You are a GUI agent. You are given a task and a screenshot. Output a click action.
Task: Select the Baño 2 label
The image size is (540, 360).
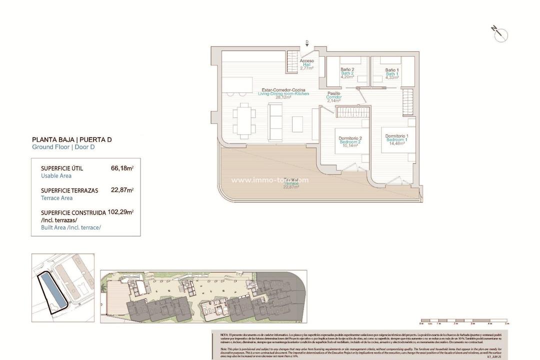pos(347,73)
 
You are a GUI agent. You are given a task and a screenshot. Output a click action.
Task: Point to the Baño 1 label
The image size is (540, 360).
pos(391,73)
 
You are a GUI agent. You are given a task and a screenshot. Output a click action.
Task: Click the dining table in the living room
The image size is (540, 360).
pos(243,120)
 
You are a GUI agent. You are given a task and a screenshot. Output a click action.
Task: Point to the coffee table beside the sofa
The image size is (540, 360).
pos(297,122)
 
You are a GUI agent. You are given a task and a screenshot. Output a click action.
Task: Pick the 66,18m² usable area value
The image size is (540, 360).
pos(122,168)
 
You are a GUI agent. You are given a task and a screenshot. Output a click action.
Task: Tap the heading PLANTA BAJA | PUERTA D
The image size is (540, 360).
pos(71,139)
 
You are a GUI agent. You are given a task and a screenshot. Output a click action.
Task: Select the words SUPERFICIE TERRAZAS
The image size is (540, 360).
pos(69,190)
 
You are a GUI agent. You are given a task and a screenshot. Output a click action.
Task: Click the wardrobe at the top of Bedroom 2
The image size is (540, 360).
pos(352,112)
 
